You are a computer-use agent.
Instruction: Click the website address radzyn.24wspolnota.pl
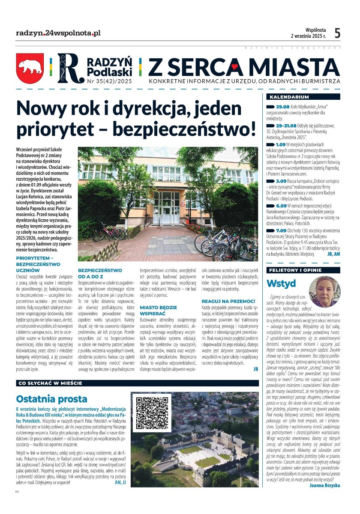pyautogui.click(x=58, y=33)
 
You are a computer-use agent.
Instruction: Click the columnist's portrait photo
pyautogui.click(x=324, y=292)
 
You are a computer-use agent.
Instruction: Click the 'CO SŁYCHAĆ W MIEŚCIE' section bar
pyautogui.click(x=48, y=383)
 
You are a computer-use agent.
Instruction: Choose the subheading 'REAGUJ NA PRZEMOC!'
pyautogui.click(x=228, y=302)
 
